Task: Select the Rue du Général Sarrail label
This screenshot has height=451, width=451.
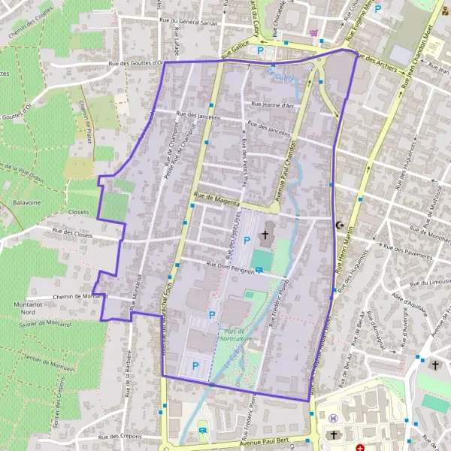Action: point(190,22)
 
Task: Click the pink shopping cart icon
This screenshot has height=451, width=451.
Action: point(313,33)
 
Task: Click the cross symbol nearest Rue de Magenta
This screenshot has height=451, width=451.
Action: point(264,236)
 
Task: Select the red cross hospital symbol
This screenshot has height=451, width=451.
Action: point(359,426)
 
